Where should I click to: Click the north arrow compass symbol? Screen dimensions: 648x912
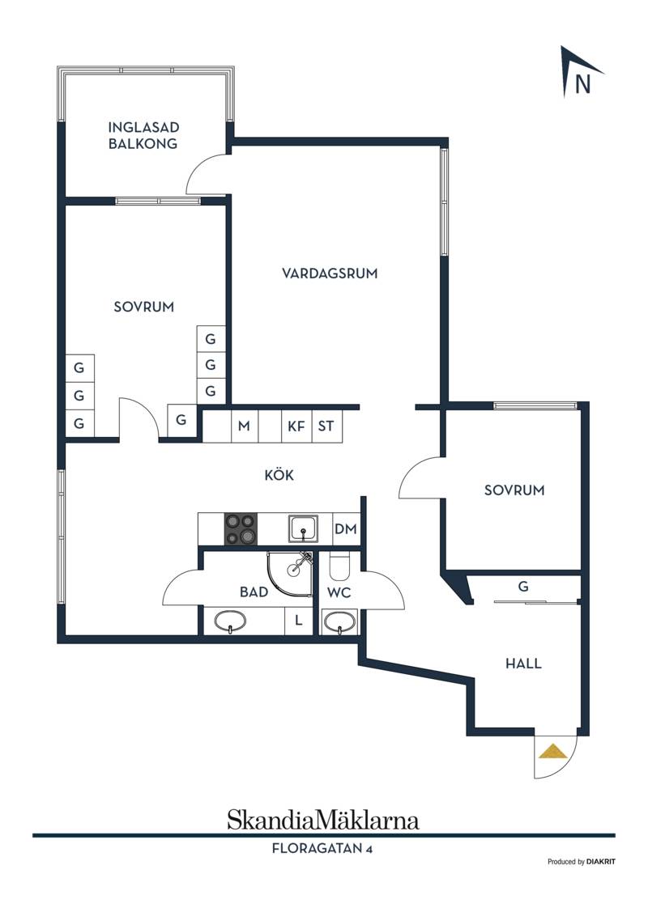[581, 72]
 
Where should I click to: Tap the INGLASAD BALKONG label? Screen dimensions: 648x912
[143, 135]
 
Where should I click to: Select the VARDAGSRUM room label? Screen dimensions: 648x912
[330, 274]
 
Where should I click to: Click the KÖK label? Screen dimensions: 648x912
[279, 474]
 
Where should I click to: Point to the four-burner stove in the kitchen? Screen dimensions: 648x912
[241, 528]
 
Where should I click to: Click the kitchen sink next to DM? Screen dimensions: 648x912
[303, 528]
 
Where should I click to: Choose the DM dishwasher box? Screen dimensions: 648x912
[346, 528]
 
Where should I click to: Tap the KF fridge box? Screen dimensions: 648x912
[296, 426]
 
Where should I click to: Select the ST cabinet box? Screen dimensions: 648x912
[326, 426]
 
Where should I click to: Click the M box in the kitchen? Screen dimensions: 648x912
[245, 426]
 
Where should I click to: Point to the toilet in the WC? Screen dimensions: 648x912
[339, 566]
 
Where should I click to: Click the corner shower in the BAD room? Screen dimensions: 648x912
[290, 574]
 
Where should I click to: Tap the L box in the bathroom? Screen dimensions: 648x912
[299, 621]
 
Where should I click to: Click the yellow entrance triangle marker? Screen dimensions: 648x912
[552, 752]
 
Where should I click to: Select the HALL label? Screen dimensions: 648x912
[523, 663]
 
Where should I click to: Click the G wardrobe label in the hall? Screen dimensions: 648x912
[523, 586]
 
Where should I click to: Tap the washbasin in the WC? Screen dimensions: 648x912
[339, 621]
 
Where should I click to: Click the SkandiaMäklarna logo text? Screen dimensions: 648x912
[323, 820]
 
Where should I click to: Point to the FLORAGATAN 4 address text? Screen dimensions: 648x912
[322, 849]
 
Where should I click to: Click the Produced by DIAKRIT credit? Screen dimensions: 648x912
[581, 862]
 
